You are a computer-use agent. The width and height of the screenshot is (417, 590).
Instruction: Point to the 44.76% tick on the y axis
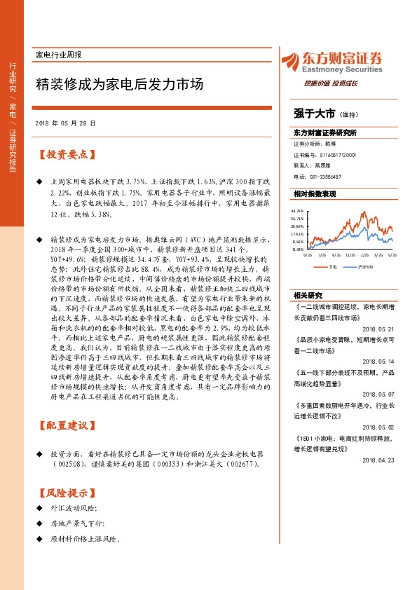[x=298, y=210]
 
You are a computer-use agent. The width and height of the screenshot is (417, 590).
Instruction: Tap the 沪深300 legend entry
[x=363, y=266]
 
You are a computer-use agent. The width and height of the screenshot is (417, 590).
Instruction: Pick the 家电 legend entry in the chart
[x=332, y=266]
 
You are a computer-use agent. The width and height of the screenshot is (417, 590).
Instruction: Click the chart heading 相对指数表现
[x=315, y=193]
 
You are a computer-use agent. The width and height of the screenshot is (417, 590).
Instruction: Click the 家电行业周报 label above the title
[x=58, y=55]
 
